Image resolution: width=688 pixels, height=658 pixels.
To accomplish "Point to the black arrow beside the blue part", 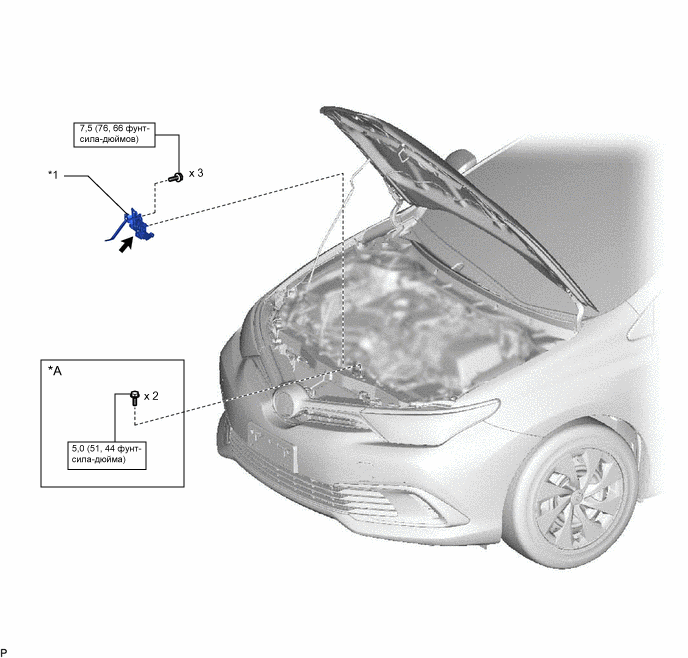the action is tap(126, 245).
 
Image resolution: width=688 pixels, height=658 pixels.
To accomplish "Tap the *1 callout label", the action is tap(53, 175).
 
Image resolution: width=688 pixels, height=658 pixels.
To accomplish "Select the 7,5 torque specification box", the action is tap(114, 135).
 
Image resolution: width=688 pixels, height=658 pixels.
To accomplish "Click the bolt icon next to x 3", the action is tap(176, 178).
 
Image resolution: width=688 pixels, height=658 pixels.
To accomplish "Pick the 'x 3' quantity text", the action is tap(196, 173).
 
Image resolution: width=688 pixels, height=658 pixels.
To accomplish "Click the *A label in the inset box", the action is tap(55, 371).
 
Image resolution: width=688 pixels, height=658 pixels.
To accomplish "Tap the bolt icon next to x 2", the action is tap(135, 398).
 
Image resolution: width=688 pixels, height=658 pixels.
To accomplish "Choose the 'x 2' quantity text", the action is tap(151, 396).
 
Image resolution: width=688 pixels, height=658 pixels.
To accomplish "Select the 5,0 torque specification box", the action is tap(107, 455).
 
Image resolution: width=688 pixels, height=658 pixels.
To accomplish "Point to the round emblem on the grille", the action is tap(285, 401).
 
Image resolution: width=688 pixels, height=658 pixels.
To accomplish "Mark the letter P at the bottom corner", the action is tap(4, 653).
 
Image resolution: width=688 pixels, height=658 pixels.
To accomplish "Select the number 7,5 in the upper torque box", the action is tap(86, 129).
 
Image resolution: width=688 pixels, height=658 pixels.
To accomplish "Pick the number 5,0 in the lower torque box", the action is tap(78, 449).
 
